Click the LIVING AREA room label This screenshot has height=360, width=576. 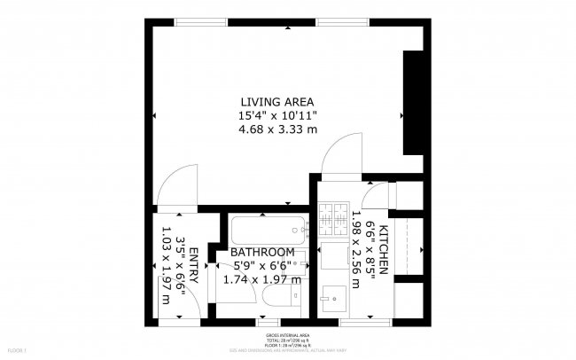tap(277, 101)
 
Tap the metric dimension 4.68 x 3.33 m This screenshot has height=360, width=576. tap(277, 129)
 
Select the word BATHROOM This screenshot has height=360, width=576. tap(262, 252)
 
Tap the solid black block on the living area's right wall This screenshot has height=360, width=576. tap(413, 102)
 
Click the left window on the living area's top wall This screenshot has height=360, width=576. tap(199, 21)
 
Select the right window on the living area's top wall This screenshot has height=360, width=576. tap(344, 21)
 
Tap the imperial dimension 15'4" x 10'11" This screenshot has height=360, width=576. tap(277, 115)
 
